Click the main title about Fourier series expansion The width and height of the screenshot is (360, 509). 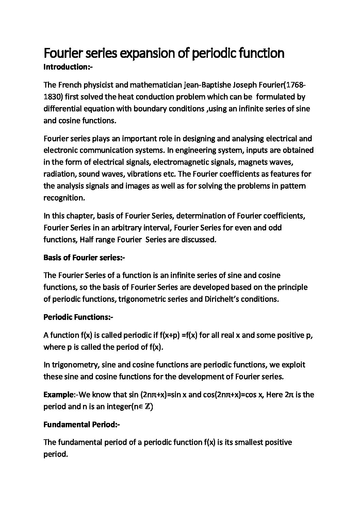coord(164,53)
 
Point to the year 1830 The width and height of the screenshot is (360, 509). coord(52,97)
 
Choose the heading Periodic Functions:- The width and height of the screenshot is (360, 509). coord(78,318)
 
